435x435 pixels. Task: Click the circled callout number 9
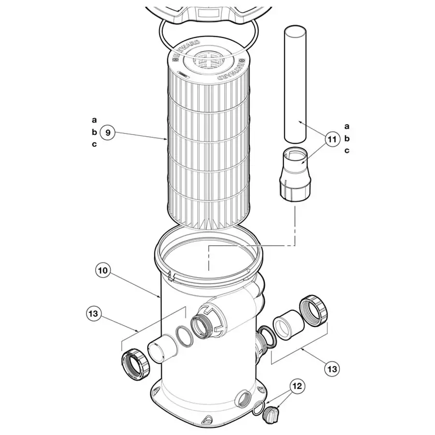pos(107,132)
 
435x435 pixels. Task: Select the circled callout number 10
pos(102,270)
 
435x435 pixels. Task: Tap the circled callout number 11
pos(332,139)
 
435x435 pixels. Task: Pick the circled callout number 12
pos(297,386)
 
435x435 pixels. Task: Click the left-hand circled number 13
pos(93,314)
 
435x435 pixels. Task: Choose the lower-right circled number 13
pos(332,369)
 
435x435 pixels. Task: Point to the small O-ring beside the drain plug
pos(258,408)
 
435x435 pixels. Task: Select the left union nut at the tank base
pos(136,363)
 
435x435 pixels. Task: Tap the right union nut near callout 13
pos(314,311)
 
